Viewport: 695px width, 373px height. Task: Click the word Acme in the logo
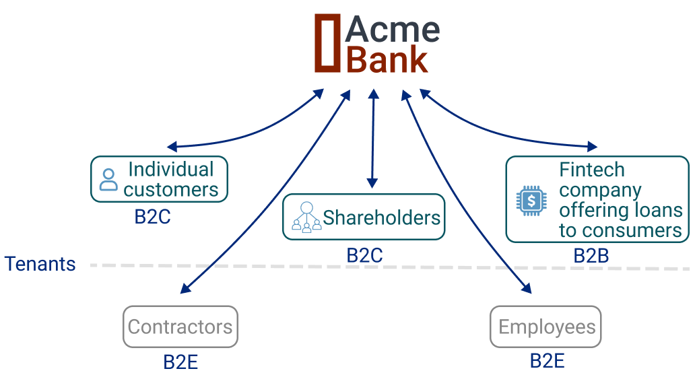393,30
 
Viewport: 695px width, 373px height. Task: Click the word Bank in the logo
387,59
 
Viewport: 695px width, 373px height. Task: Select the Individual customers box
160,179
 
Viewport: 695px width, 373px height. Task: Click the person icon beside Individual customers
108,180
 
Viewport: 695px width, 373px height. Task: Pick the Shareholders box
364,217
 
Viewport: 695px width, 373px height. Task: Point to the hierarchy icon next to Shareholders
306,217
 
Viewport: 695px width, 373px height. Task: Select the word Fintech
592,170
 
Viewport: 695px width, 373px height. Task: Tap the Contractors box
180,327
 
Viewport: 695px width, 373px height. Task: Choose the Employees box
546,327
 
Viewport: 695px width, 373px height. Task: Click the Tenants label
40,264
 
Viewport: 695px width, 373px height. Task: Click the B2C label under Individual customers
152,217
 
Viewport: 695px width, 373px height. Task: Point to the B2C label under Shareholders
364,256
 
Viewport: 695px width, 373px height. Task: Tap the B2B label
591,256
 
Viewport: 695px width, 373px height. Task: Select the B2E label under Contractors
180,362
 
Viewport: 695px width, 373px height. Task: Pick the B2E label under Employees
547,361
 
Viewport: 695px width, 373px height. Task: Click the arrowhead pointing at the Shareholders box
372,182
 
